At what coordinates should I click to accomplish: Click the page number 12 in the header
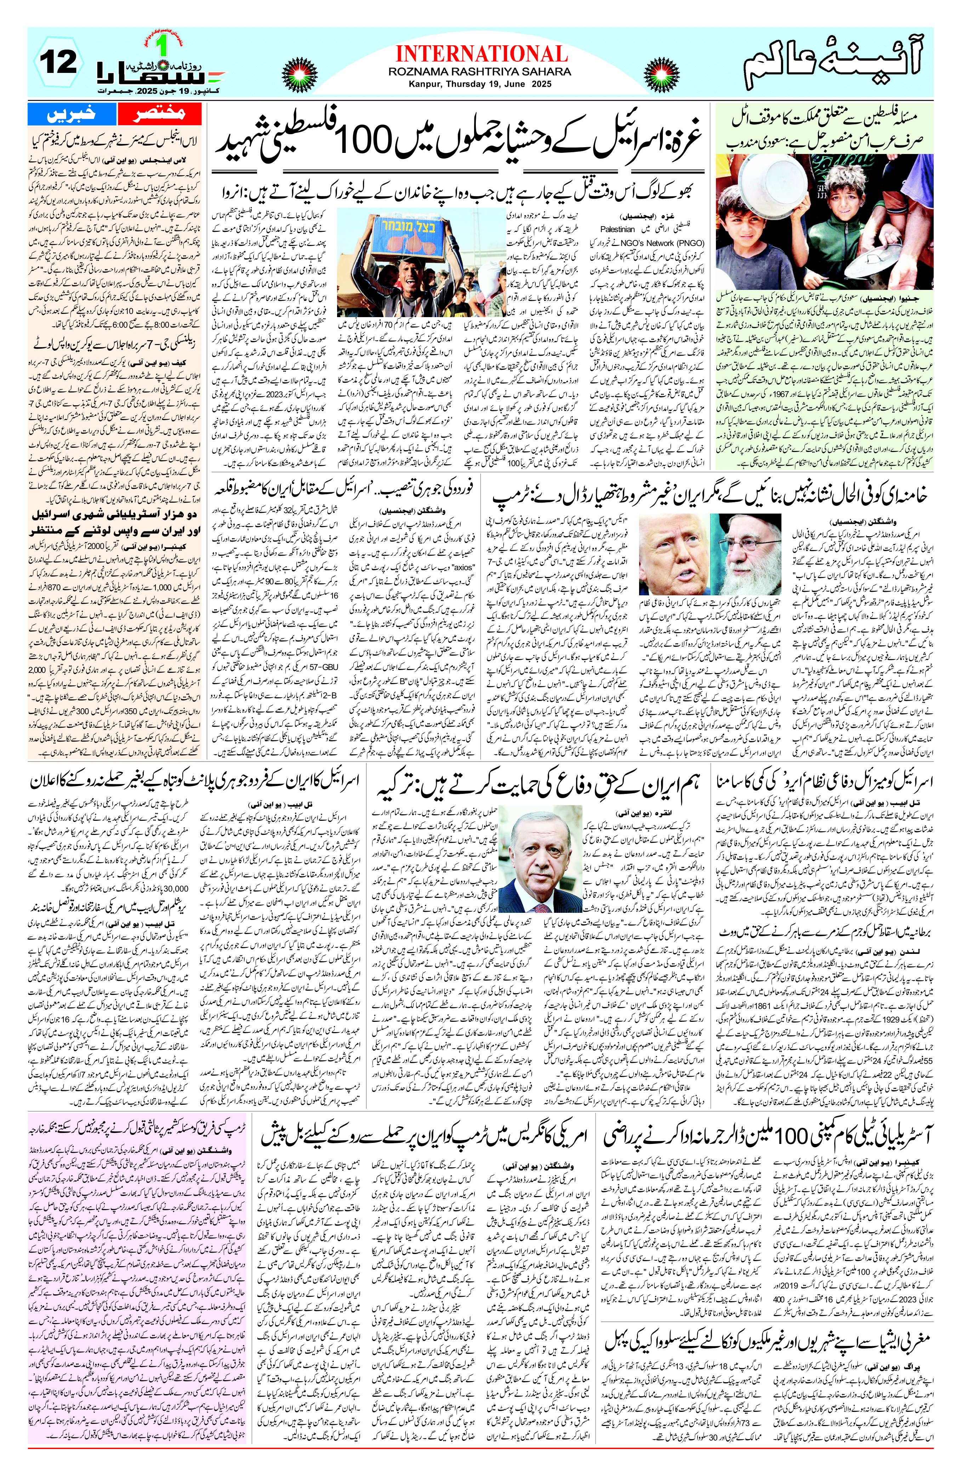pyautogui.click(x=59, y=62)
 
